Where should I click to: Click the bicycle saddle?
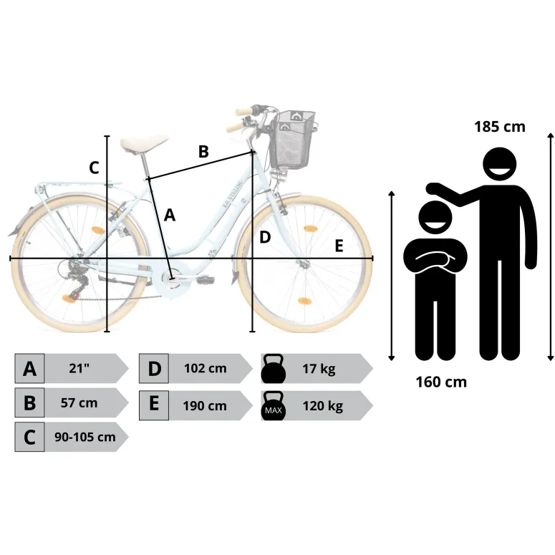coord(143,143)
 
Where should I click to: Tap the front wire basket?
coord(292,140)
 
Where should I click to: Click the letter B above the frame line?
coord(203,152)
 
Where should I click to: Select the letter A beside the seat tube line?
coord(170,216)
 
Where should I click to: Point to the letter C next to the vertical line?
coord(94,168)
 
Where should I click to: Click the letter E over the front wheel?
coord(339,246)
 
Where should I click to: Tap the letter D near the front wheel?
coord(265,238)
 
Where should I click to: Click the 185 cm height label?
coord(499,127)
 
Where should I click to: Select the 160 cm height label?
coord(441,382)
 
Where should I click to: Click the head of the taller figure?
coord(499,164)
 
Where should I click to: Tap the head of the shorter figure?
coord(435,217)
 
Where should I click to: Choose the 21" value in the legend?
coord(79,368)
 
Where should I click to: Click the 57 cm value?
coord(79,402)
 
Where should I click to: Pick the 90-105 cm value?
coord(85,437)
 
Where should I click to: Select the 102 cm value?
coord(206,368)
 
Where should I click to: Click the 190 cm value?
coord(205,405)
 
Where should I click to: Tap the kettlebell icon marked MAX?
coord(274,406)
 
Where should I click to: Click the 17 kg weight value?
coord(319,369)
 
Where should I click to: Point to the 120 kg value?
coord(322,406)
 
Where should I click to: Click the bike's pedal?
coord(206,280)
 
